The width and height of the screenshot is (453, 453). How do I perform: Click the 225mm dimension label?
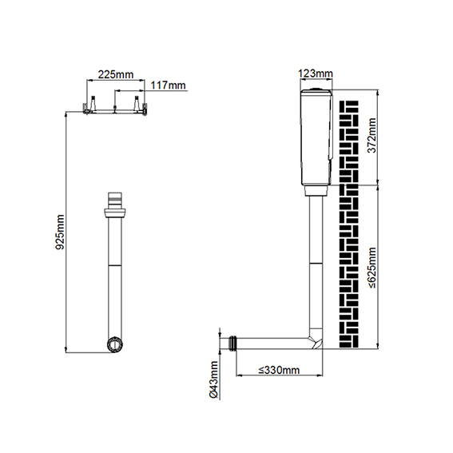(116, 74)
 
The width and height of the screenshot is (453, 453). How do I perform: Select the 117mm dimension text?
(168, 85)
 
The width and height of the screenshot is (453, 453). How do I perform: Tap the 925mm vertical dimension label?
(60, 232)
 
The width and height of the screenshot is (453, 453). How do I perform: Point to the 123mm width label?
(316, 74)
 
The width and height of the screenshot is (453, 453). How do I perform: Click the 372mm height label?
(372, 135)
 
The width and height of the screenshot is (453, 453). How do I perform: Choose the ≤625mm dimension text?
(372, 268)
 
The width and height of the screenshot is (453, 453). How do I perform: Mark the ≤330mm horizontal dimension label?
(279, 370)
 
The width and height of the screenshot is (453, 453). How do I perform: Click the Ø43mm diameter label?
(213, 379)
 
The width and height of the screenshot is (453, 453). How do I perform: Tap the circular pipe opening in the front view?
(115, 344)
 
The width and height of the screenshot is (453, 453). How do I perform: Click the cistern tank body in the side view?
(316, 137)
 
